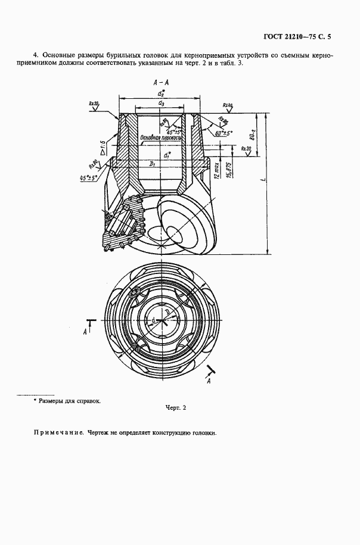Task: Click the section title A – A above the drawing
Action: coord(160,83)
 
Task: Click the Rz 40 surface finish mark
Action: coord(227,105)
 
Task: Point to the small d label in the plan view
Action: coord(154,321)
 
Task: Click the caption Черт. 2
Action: coord(176,408)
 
